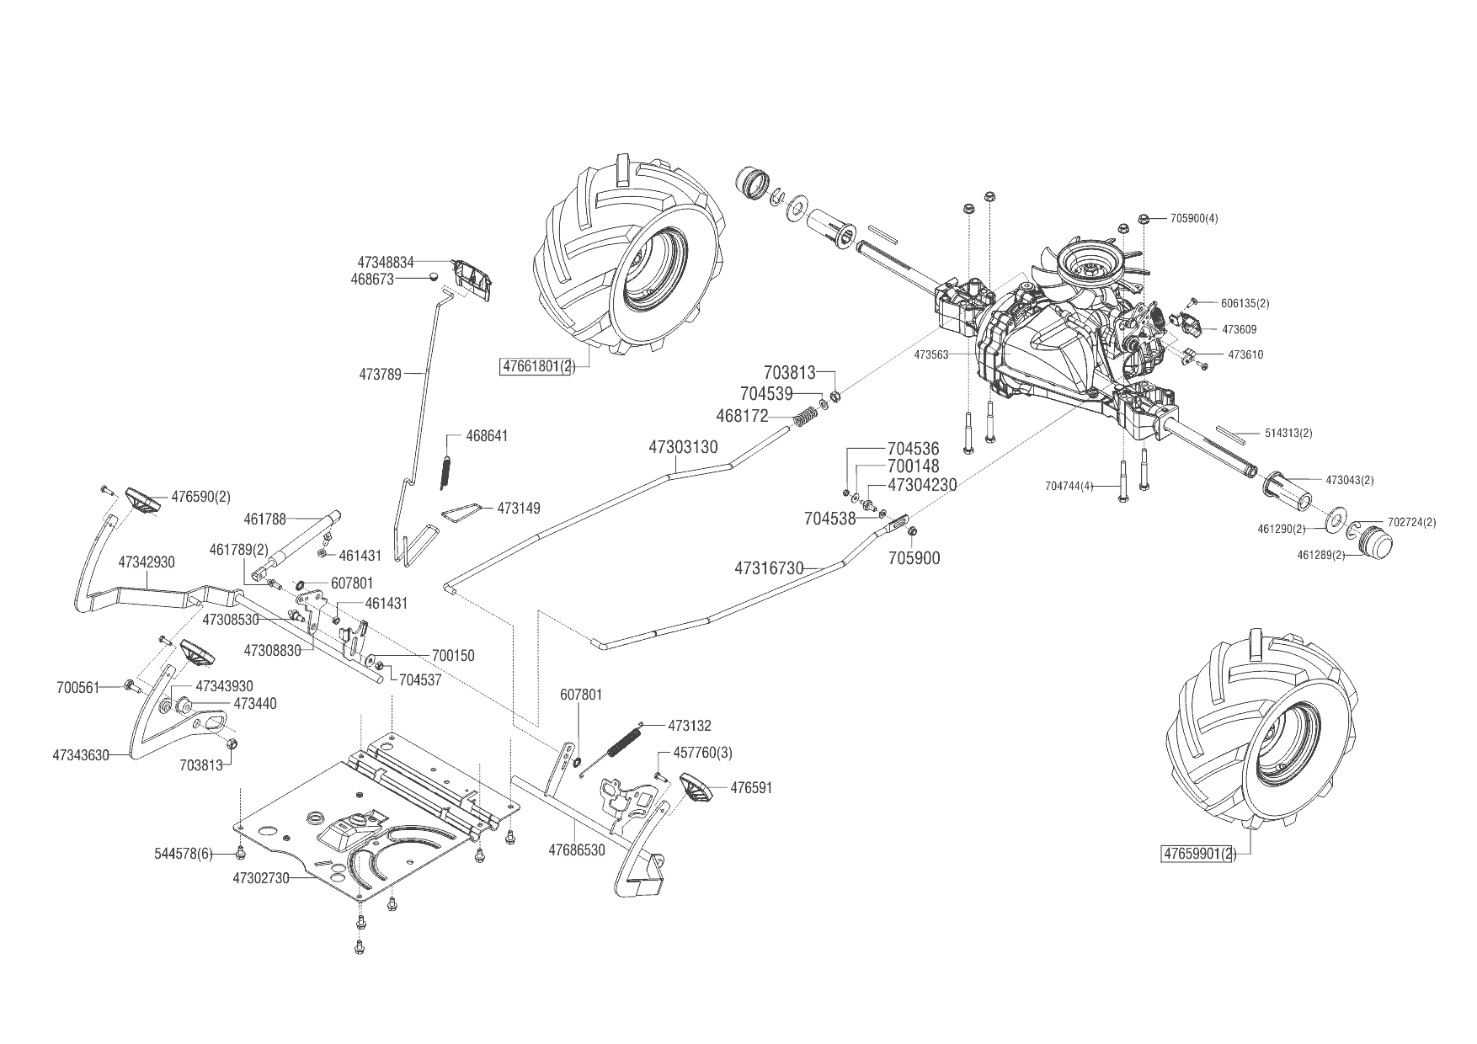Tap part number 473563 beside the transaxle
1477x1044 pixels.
click(x=931, y=354)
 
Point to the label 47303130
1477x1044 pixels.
click(x=683, y=447)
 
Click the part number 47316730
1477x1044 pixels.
click(x=769, y=568)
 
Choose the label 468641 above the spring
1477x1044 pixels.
click(x=488, y=436)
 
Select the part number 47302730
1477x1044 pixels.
click(x=261, y=877)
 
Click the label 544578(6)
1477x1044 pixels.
click(x=183, y=855)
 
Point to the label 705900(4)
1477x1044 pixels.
click(x=1194, y=219)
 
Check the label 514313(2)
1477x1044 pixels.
click(x=1288, y=433)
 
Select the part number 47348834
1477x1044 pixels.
click(x=386, y=263)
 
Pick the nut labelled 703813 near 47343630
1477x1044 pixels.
click(x=233, y=743)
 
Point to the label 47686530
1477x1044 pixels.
click(x=577, y=850)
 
